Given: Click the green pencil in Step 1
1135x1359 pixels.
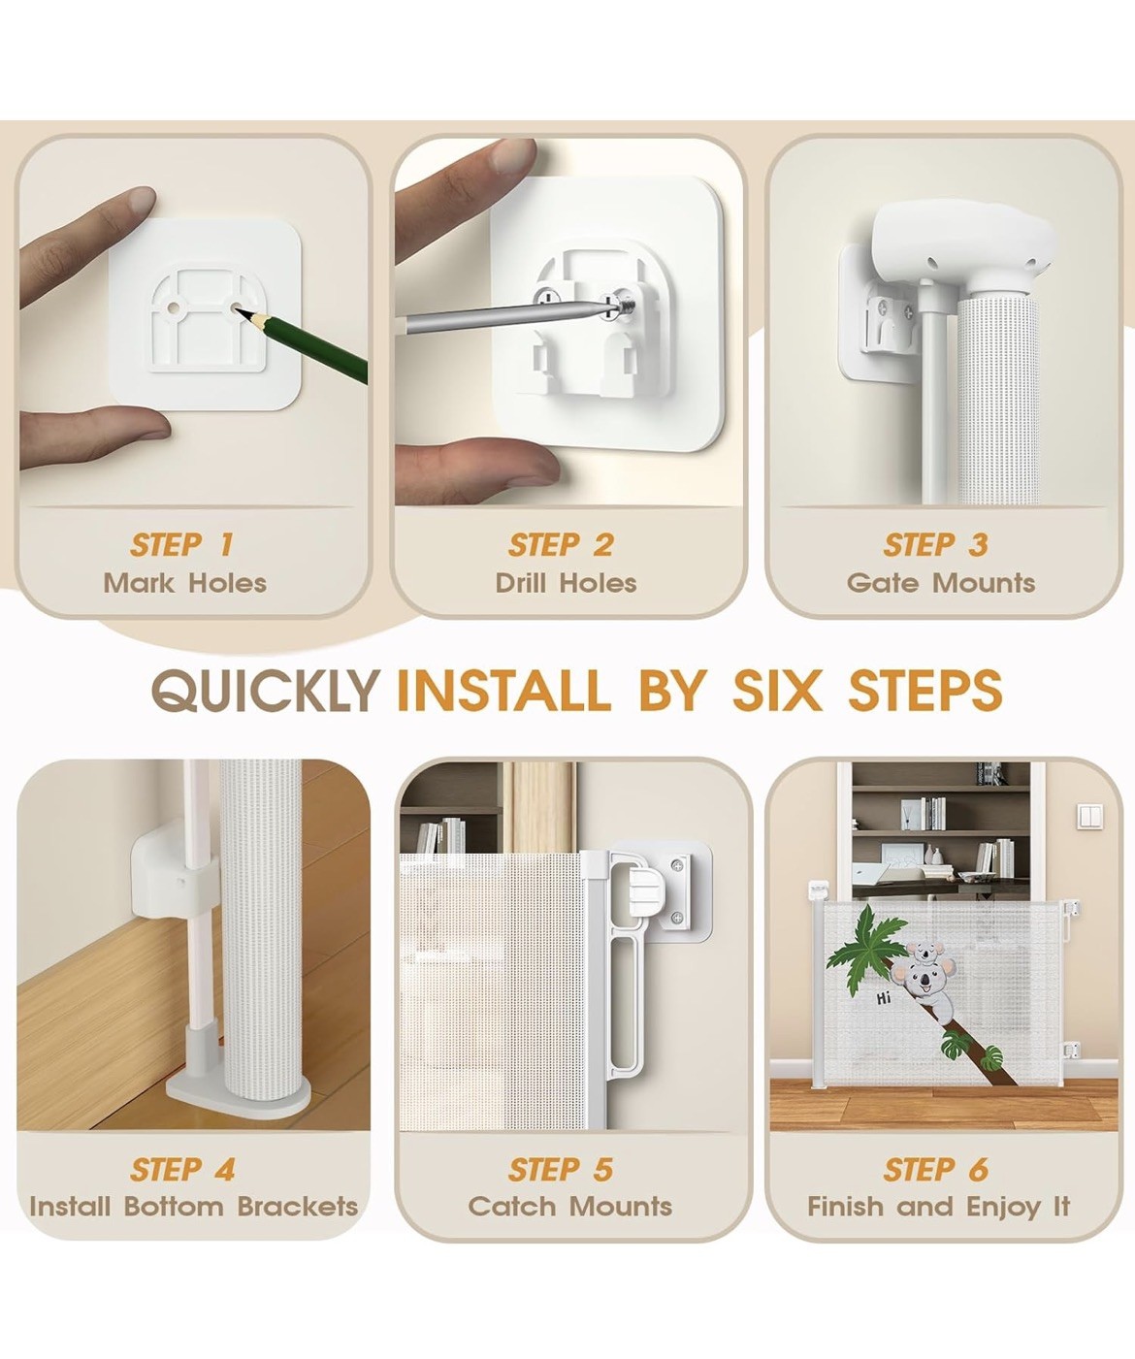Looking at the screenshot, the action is tap(302, 346).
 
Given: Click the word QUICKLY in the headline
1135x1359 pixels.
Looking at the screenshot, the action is tap(266, 692).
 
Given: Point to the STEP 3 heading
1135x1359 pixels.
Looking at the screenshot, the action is tap(935, 545).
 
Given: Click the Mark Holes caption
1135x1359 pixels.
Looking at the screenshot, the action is tap(185, 583).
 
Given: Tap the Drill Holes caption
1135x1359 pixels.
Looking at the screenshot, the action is tap(566, 583).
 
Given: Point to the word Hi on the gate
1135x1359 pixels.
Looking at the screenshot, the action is tap(883, 997).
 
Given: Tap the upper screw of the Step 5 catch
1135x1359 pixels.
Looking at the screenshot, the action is tap(679, 865).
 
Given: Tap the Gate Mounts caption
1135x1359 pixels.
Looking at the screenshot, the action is tap(940, 583).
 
